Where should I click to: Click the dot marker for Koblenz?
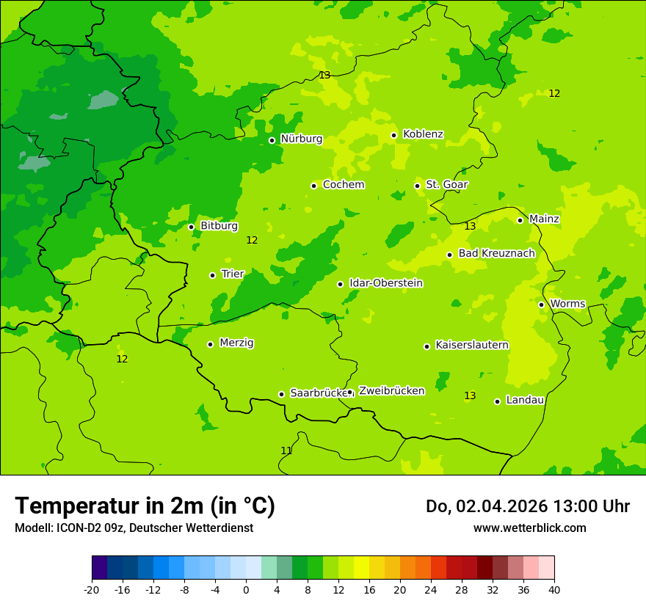(394, 135)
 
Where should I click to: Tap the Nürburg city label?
(301, 139)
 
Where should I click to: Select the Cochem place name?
(344, 185)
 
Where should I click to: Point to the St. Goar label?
(446, 185)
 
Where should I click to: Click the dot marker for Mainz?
(520, 220)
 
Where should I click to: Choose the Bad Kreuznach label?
(496, 254)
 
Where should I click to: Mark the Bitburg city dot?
(191, 227)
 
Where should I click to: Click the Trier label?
(233, 274)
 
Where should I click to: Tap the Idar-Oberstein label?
(386, 283)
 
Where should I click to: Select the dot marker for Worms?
(542, 304)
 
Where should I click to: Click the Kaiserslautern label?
(472, 346)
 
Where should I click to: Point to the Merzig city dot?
(210, 344)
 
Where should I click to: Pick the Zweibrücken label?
(391, 391)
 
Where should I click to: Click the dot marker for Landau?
(498, 401)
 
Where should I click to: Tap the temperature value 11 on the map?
(286, 451)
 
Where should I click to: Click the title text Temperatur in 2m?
(145, 506)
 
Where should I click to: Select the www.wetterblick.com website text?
(529, 528)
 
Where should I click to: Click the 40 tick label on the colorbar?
(554, 589)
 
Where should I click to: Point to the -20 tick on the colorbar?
(92, 589)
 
